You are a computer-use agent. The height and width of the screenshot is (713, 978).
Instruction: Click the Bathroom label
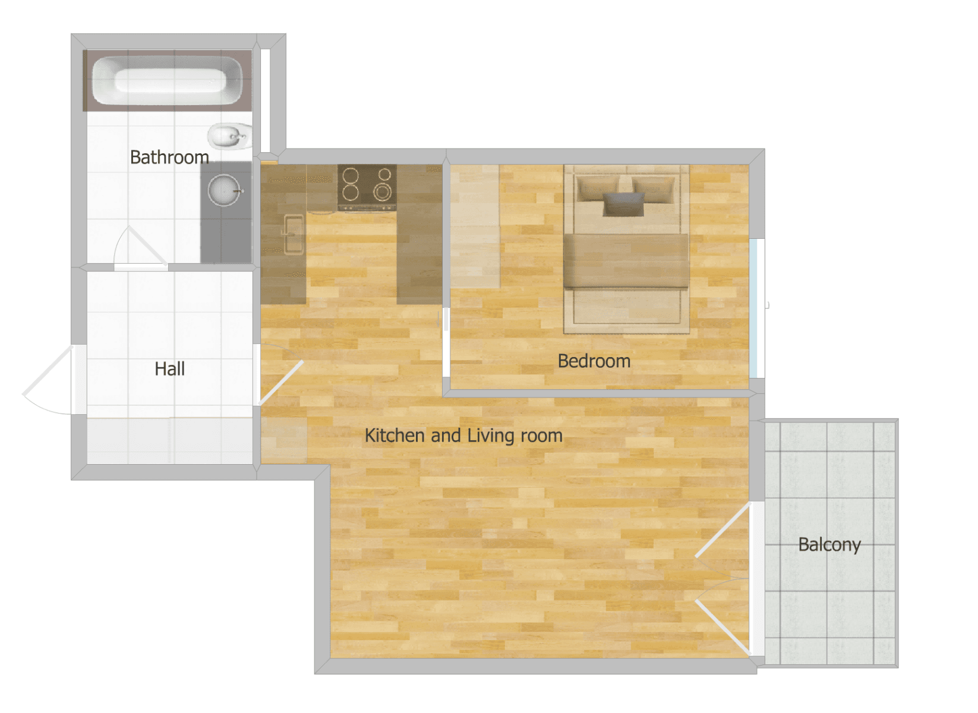point(169,157)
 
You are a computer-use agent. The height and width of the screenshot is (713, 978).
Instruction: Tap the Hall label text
point(169,369)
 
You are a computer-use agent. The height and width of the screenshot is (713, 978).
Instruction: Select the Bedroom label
point(594,361)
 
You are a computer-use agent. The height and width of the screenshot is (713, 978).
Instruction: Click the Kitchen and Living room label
point(463,436)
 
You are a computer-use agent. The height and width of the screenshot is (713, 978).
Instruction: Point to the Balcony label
point(829,545)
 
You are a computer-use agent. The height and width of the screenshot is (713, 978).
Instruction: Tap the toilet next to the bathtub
point(229,137)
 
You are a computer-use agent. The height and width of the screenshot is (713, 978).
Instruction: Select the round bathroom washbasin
point(224,191)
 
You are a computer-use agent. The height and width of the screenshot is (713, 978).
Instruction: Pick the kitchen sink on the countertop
point(293,234)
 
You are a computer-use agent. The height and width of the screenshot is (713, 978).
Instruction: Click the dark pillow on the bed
point(623,204)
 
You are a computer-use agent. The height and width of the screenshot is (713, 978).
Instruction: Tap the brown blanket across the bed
point(626,260)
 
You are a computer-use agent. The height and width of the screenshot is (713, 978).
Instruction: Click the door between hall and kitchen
point(281,383)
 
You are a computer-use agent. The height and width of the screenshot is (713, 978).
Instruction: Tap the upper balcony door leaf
point(723,531)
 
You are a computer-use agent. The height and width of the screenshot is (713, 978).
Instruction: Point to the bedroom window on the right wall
point(753,308)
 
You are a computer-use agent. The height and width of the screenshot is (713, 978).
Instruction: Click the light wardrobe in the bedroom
point(475,226)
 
